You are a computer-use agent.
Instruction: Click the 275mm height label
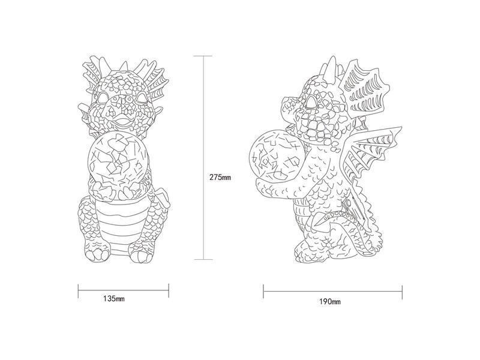click(x=220, y=177)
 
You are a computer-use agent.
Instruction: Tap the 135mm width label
click(x=114, y=298)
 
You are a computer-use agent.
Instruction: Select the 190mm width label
click(x=330, y=302)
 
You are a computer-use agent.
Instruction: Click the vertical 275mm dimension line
click(x=203, y=158)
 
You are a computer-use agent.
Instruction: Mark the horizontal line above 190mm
click(x=333, y=291)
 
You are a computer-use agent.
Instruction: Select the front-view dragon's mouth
click(x=122, y=122)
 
